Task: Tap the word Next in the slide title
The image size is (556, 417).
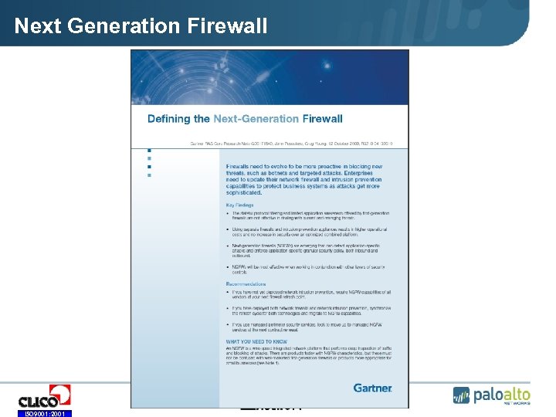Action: [x=39, y=26]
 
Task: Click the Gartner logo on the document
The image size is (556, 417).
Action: [x=372, y=388]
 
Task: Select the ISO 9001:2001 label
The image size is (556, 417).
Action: [x=44, y=414]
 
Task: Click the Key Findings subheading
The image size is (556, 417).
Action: [x=239, y=205]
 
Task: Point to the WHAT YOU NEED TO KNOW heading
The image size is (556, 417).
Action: [x=256, y=341]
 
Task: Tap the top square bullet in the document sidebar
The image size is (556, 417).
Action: [x=149, y=151]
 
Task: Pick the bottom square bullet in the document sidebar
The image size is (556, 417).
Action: [x=149, y=175]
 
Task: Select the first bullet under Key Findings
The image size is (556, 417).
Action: [x=309, y=216]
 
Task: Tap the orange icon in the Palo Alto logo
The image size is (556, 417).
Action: [x=462, y=397]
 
